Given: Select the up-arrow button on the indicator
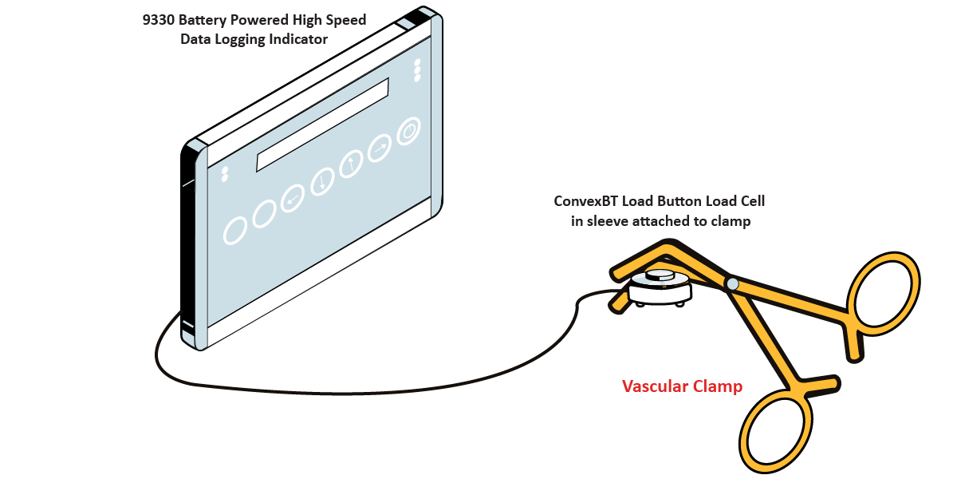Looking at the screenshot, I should click(x=351, y=165).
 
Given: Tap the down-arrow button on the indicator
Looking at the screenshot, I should click(x=322, y=182).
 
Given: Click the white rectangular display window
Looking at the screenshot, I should click(x=321, y=125).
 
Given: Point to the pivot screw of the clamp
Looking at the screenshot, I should click(x=731, y=283).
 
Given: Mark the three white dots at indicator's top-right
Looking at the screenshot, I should click(x=416, y=70).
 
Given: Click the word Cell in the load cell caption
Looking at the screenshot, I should click(x=750, y=202).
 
